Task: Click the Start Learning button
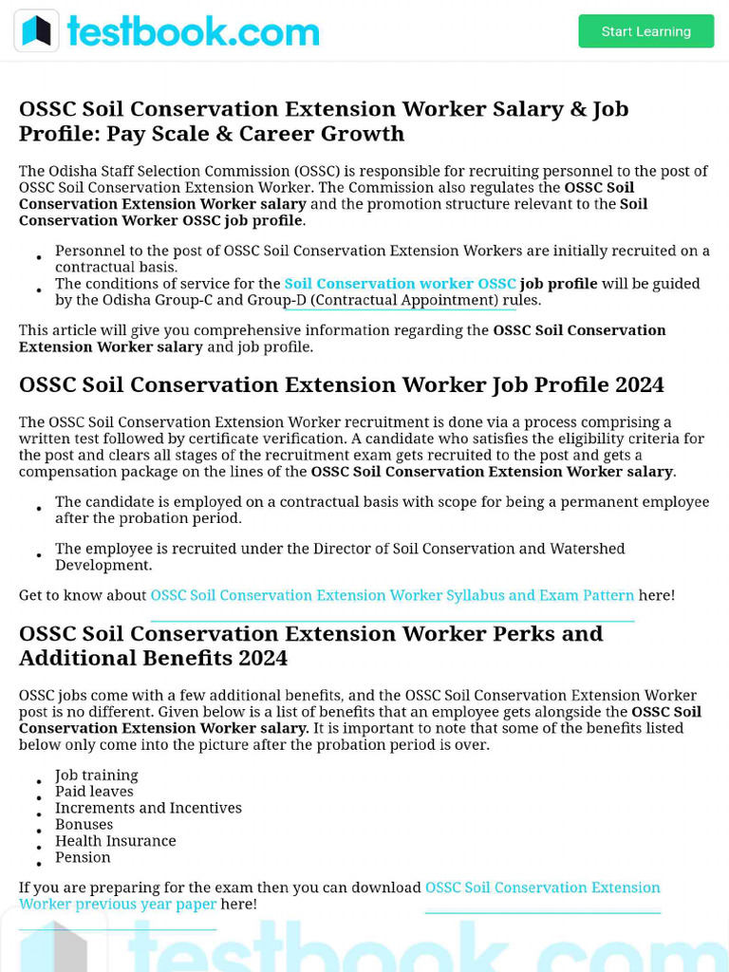click(645, 31)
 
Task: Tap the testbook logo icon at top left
click(36, 31)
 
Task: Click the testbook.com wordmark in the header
click(193, 31)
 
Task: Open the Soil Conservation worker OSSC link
click(400, 284)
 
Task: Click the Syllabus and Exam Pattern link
click(392, 595)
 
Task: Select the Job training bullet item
click(96, 776)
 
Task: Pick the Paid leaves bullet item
click(94, 792)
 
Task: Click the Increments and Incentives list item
click(148, 808)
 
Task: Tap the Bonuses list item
click(84, 825)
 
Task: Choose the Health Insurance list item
click(115, 841)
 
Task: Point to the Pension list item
click(83, 857)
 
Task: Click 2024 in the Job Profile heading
click(639, 384)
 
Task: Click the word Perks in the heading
click(522, 633)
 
